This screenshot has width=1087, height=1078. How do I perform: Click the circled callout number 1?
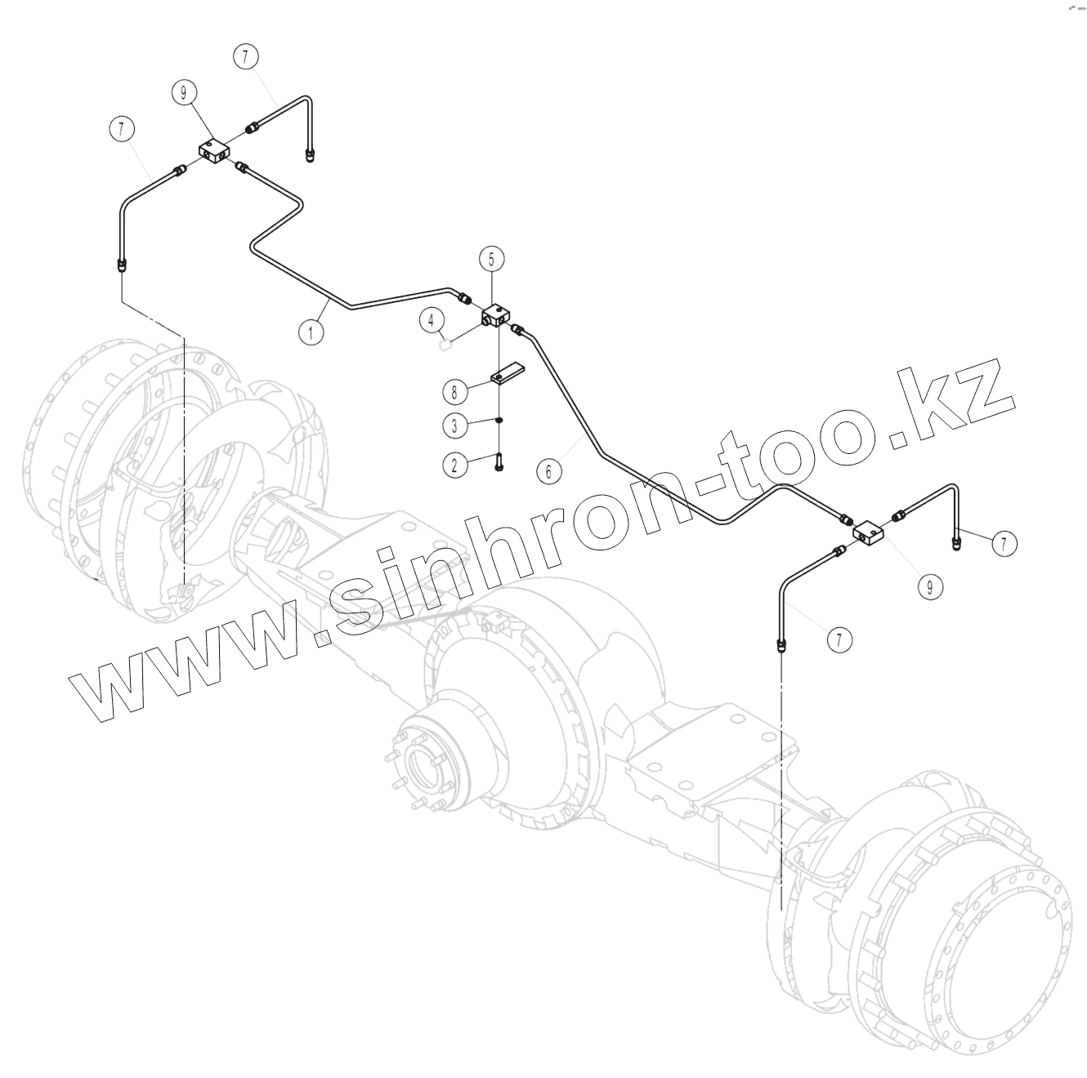[x=310, y=332]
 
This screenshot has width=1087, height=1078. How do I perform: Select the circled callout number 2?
[x=455, y=465]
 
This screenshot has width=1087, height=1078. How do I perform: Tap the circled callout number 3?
[x=455, y=425]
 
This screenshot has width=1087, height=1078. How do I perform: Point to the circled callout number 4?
[x=433, y=320]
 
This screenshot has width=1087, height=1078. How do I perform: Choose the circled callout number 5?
[x=491, y=260]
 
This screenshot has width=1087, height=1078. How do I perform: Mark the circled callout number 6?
[x=549, y=470]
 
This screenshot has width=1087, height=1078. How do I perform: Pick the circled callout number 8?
[x=455, y=391]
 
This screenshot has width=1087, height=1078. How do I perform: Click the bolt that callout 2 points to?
[x=499, y=463]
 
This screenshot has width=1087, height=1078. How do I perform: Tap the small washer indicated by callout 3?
[x=499, y=421]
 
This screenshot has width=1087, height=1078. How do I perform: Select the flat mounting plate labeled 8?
[x=507, y=373]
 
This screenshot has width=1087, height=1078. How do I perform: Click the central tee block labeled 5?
[x=496, y=314]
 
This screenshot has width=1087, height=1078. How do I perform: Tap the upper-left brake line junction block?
[x=215, y=150]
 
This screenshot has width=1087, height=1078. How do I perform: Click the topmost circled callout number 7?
[x=245, y=56]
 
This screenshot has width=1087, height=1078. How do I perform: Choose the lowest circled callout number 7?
[x=839, y=639]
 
